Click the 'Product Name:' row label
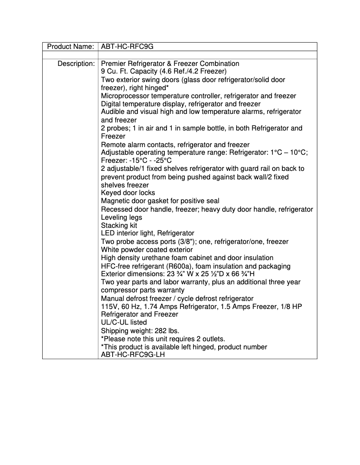(70, 47)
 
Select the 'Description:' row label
(76, 64)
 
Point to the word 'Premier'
(114, 64)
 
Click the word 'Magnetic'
(115, 201)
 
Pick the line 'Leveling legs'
(122, 217)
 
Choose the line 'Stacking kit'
(119, 226)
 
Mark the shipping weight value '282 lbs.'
(162, 331)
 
